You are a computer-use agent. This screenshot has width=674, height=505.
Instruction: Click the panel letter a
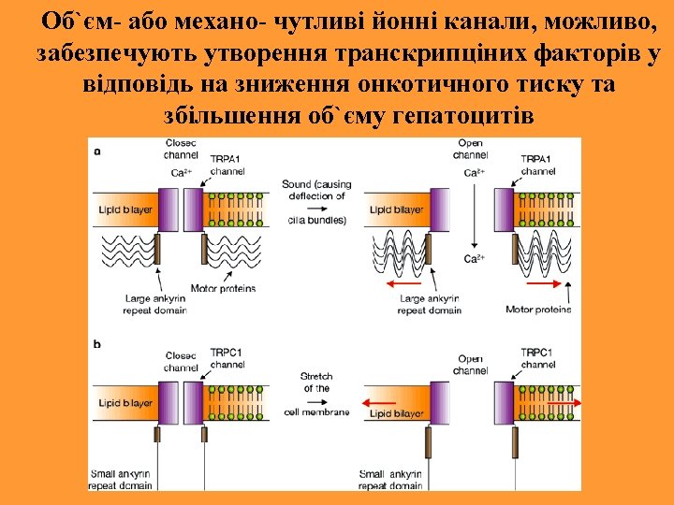click(97, 150)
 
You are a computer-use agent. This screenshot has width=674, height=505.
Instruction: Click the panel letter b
click(97, 344)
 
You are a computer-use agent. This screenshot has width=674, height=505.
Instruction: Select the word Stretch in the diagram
click(316, 376)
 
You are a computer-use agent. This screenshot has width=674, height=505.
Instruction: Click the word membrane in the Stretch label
click(330, 411)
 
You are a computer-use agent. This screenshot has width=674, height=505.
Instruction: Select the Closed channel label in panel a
click(179, 150)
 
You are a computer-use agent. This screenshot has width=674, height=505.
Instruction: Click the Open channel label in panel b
click(469, 365)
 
